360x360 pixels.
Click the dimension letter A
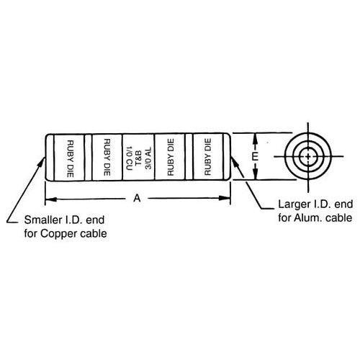137,198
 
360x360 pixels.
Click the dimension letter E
256,156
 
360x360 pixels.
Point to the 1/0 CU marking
129,158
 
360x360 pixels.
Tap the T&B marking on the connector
139,158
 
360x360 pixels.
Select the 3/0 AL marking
148,158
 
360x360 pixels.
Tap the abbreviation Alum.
305,218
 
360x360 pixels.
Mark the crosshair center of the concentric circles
308,156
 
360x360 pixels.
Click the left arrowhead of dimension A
51,199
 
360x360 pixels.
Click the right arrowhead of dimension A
225,198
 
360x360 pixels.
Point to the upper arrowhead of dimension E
256,139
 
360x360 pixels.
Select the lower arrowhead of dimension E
256,174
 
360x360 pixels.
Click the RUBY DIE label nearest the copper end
70,159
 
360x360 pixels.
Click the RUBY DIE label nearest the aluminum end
207,157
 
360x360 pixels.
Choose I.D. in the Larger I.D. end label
322,204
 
